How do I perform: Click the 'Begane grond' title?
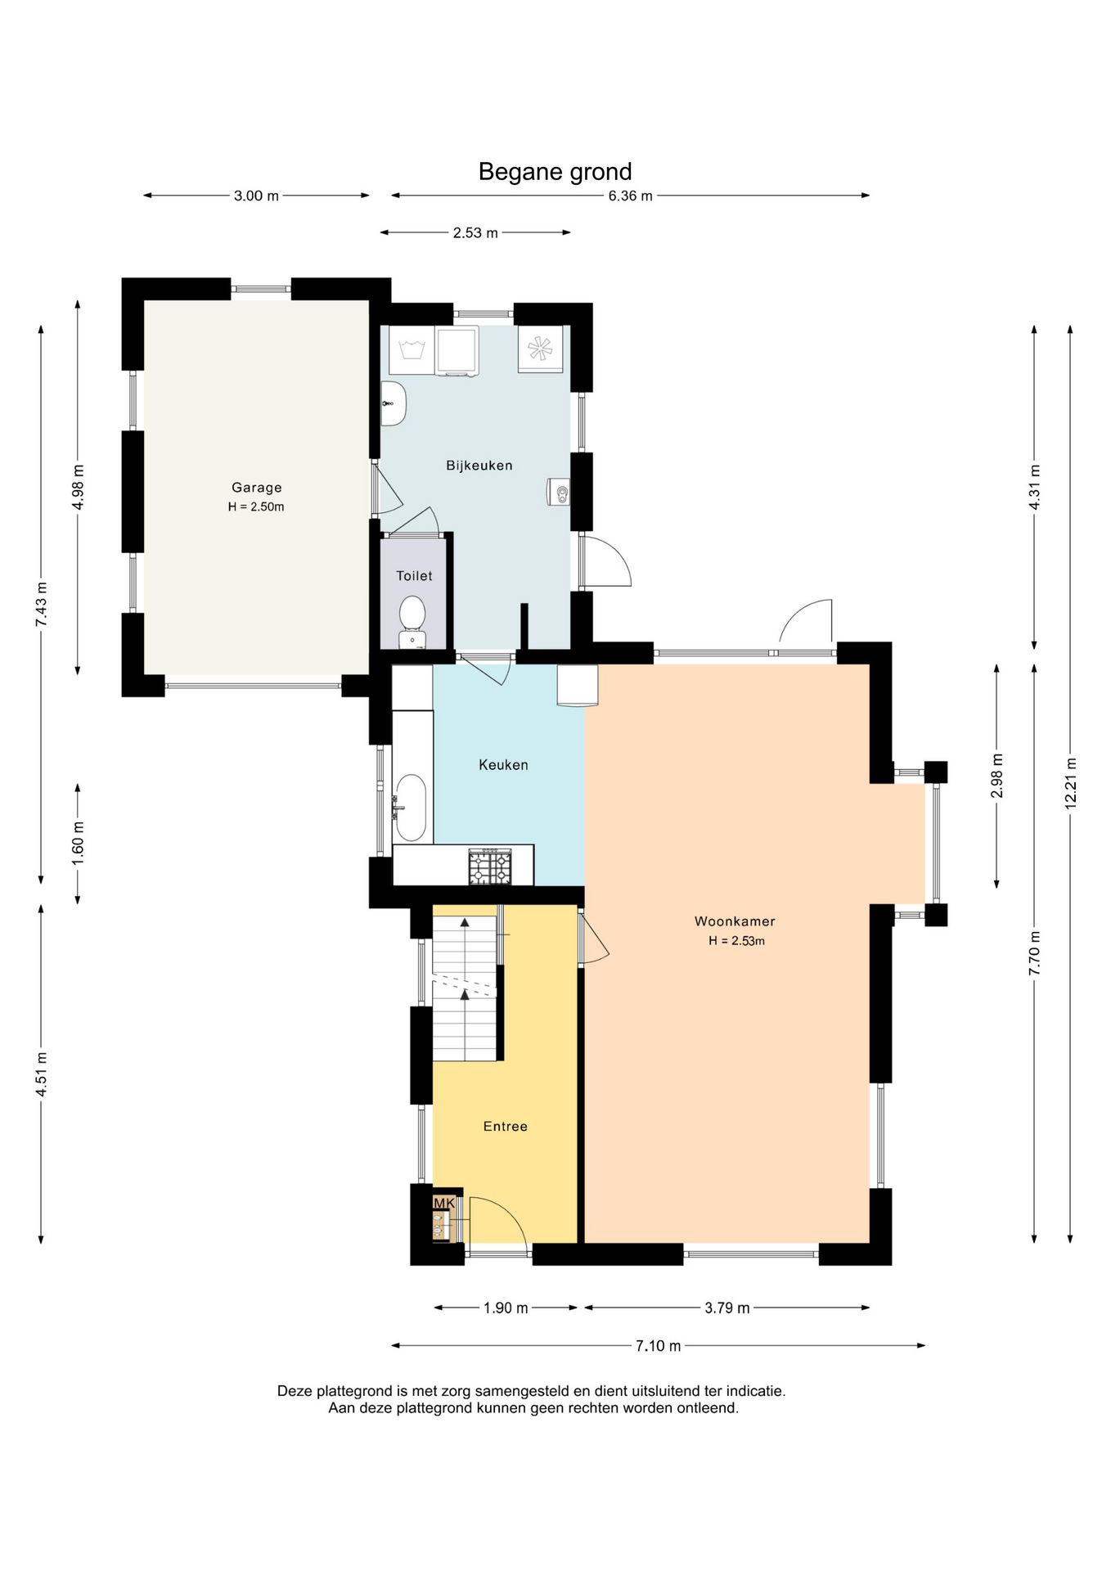click(555, 172)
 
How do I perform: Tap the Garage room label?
click(256, 488)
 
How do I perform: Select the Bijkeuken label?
click(479, 466)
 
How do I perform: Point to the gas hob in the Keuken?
click(490, 867)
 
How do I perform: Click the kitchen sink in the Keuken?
click(410, 808)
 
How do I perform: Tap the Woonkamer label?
click(735, 921)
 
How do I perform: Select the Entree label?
click(505, 1127)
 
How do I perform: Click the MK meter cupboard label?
click(444, 1203)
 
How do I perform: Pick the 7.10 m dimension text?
click(658, 1346)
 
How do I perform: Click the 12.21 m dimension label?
click(1070, 784)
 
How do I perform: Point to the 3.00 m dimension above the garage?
click(256, 196)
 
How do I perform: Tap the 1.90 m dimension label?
click(506, 1308)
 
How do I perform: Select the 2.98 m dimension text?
click(996, 776)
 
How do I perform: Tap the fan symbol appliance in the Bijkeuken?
click(540, 349)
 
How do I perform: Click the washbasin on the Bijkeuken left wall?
click(394, 403)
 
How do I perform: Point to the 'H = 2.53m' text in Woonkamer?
click(736, 941)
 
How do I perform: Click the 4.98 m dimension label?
click(78, 487)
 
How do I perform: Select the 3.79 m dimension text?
click(726, 1308)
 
